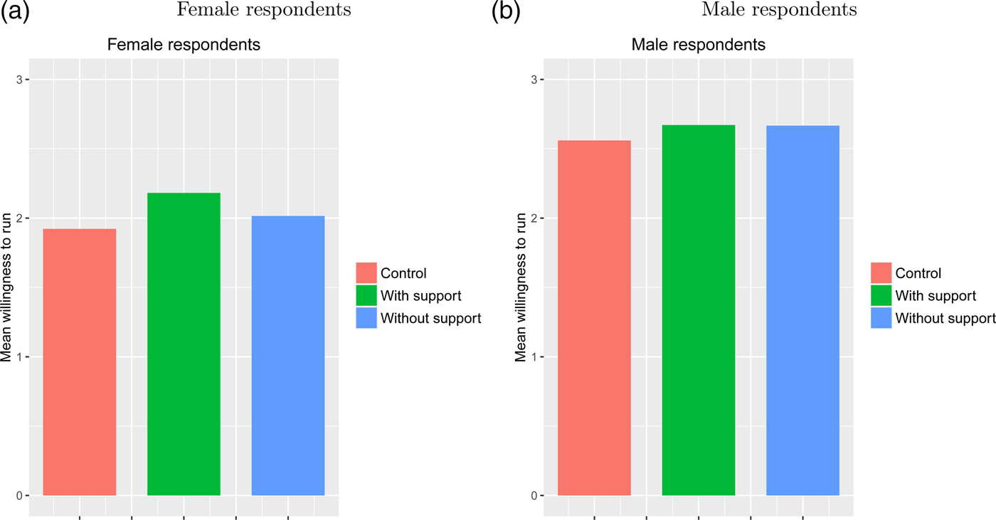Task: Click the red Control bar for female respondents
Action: click(80, 362)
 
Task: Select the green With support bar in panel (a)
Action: click(184, 344)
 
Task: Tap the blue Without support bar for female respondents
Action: click(288, 356)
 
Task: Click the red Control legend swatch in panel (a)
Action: click(366, 273)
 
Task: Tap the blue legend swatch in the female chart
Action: click(366, 318)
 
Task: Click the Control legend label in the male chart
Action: click(918, 273)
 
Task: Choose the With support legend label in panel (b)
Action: click(936, 296)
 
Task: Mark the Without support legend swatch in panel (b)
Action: click(881, 318)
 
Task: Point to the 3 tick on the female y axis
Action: click(18, 79)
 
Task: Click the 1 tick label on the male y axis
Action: click(533, 356)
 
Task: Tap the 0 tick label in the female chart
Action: click(18, 495)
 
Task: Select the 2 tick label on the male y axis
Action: click(533, 218)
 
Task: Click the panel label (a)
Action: click(15, 12)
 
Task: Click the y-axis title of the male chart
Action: click(520, 287)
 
